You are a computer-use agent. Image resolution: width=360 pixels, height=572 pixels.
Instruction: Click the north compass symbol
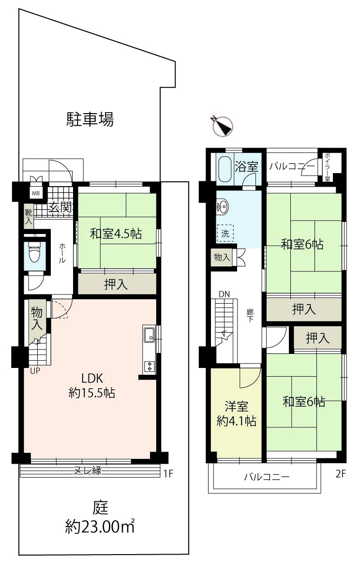point(222,126)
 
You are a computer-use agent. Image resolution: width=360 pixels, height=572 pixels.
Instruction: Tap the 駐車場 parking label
point(90,119)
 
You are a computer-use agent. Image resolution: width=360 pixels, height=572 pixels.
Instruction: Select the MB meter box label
point(36,193)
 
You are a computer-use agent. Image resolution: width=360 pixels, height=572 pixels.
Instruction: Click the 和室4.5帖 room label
point(116,234)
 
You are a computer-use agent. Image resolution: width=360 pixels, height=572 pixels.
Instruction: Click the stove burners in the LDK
point(150,366)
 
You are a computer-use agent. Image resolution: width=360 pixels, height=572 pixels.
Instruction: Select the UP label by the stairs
point(35,371)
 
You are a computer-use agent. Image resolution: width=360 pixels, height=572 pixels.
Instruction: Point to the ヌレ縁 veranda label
point(88,470)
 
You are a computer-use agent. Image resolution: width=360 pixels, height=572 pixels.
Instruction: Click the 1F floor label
point(168,474)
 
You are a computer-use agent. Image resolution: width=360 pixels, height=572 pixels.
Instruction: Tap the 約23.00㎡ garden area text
point(100,527)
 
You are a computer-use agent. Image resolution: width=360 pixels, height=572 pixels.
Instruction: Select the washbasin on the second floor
point(223,207)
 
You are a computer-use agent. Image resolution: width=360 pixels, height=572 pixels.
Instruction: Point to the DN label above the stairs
point(224,294)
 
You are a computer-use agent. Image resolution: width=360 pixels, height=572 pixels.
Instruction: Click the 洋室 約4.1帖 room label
point(236,414)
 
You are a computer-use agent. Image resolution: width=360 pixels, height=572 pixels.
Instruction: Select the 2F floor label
point(340,474)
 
